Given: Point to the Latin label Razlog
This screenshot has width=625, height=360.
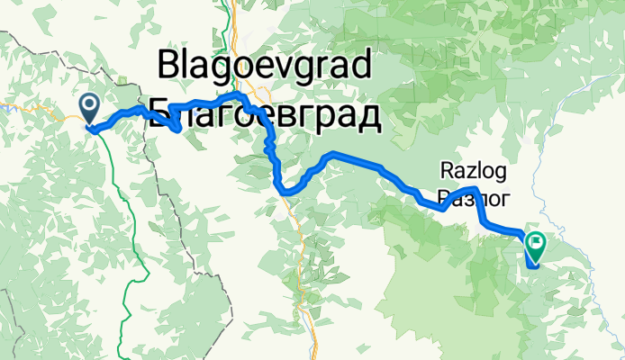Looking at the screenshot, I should click(474, 169).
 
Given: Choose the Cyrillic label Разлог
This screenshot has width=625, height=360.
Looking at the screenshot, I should click(474, 195).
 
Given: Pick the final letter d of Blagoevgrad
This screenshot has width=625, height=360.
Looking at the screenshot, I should click(359, 66).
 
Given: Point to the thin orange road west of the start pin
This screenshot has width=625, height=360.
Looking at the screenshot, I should click(45, 107).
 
